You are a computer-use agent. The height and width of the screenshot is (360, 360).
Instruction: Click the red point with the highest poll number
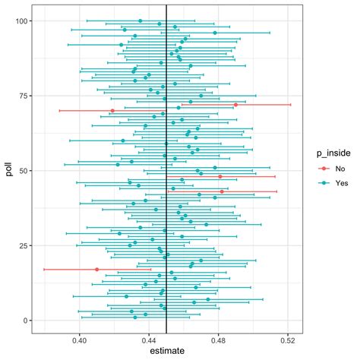pyautogui.click(x=236, y=105)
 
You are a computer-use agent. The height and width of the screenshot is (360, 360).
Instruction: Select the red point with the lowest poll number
pyautogui.click(x=96, y=270)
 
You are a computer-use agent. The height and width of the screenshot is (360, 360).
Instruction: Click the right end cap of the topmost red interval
pyautogui.click(x=291, y=105)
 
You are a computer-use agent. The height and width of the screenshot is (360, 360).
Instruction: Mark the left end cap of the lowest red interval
pyautogui.click(x=43, y=270)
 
